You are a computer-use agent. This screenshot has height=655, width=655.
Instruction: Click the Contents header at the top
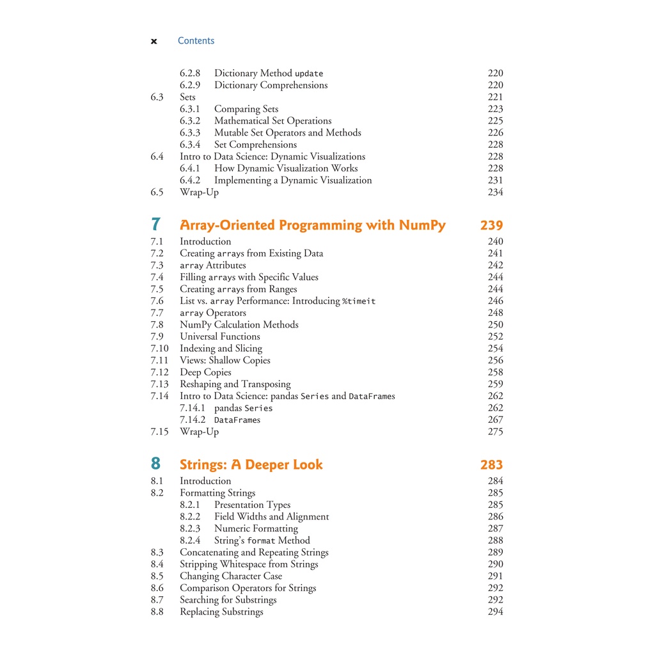tap(196, 41)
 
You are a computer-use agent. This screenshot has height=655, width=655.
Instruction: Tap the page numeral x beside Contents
tap(154, 42)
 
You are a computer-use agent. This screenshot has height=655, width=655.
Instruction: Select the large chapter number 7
tap(156, 225)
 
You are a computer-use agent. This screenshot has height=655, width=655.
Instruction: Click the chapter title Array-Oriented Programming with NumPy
tap(313, 225)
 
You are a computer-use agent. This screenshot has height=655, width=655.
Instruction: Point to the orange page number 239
tap(491, 225)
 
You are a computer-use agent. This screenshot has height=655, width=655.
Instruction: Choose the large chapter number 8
tap(156, 464)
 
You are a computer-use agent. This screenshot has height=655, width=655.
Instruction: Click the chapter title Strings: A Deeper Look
tap(251, 465)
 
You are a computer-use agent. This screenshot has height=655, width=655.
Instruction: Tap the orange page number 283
tap(491, 465)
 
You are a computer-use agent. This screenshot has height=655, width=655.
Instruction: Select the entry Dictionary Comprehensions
tap(271, 85)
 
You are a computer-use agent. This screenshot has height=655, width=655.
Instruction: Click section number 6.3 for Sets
tap(157, 97)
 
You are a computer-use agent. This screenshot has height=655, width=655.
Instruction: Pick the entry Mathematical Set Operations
tap(272, 121)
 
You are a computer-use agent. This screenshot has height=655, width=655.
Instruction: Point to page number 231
tap(495, 180)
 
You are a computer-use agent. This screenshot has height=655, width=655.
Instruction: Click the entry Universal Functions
tap(220, 336)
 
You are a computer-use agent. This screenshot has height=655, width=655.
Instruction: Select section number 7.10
tap(159, 349)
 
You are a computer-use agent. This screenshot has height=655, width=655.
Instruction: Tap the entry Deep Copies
tap(205, 372)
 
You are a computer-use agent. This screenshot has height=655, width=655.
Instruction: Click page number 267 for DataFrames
tap(495, 420)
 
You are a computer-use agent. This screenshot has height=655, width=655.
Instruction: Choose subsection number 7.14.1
tap(193, 408)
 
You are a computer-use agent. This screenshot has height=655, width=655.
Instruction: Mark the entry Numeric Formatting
tap(256, 529)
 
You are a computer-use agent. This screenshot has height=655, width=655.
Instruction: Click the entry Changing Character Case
tap(231, 576)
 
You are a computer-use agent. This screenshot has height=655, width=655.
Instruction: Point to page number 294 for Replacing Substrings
tap(495, 612)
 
